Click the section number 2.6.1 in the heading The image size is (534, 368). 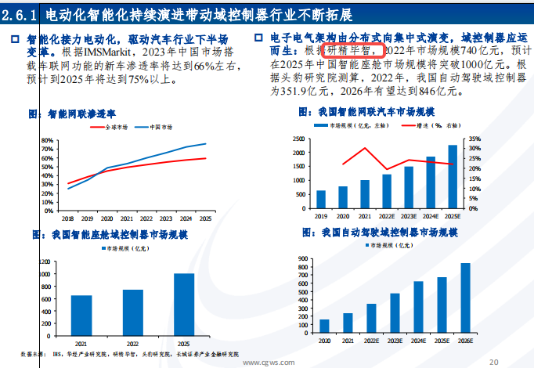coord(19,16)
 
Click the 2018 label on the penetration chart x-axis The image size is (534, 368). coord(68,218)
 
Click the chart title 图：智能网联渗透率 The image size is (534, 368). coord(76,114)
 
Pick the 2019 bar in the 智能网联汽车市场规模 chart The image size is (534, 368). coord(321,200)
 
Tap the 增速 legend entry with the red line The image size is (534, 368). coord(432,125)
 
